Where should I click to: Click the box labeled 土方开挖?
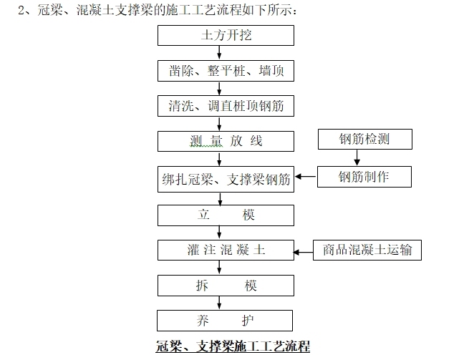point(226,36)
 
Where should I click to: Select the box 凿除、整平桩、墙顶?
point(226,71)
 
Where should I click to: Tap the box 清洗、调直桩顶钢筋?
point(226,106)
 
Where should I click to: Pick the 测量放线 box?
point(226,141)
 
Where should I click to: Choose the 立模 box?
point(226,215)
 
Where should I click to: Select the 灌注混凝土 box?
point(226,250)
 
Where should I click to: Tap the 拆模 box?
point(226,286)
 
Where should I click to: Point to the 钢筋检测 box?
point(364,139)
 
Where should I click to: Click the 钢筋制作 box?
point(364,176)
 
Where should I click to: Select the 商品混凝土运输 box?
point(367,250)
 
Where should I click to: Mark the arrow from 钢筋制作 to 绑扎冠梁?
point(306,177)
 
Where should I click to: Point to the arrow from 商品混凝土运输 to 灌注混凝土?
point(304,250)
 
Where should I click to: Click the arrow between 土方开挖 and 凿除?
point(219,53)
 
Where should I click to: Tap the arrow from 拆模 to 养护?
point(219,303)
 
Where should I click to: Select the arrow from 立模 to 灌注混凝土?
point(219,233)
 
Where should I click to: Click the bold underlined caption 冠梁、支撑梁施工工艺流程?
point(233,347)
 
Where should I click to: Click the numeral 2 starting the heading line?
point(21,10)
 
